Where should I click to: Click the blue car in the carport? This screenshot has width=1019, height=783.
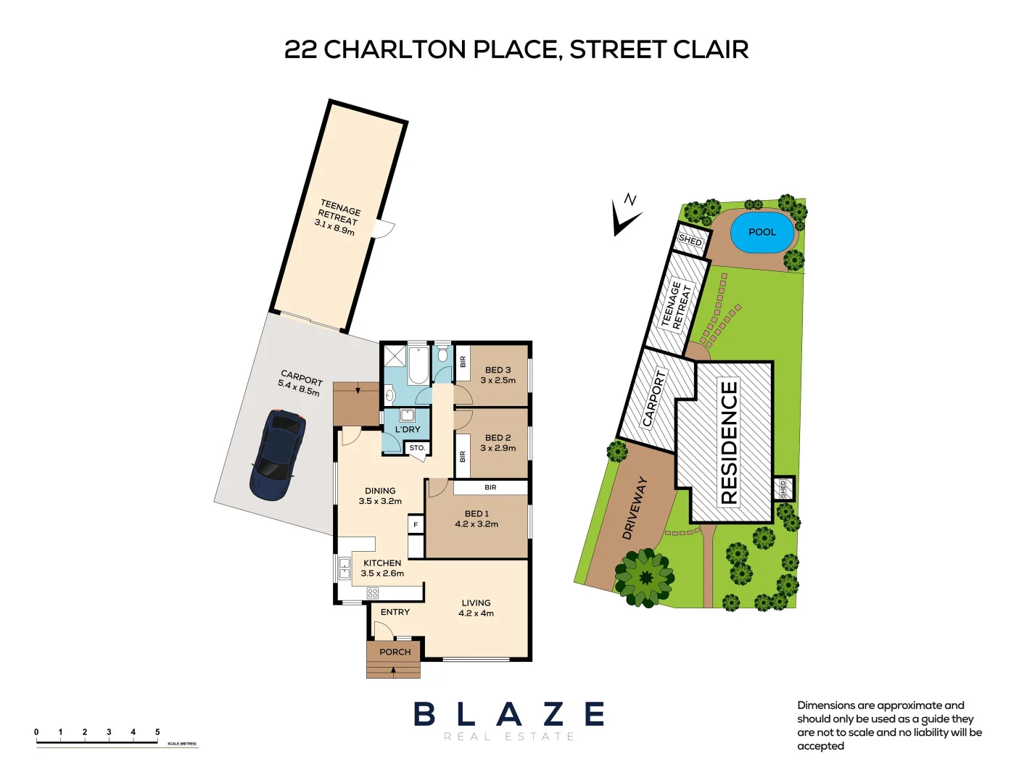pos(277,455)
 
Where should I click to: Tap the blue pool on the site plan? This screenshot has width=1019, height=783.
pos(762,232)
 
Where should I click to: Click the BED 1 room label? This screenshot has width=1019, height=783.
pos(477,518)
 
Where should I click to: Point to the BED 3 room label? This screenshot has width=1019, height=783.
pos(498,375)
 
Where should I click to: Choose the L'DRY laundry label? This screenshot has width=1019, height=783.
pos(408,429)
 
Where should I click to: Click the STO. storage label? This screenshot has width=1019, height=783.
pos(417,448)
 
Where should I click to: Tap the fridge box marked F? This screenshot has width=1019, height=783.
pos(416,524)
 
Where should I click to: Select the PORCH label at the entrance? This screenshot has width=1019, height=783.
pos(395,652)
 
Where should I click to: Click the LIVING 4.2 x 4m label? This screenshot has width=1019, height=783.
pos(476,608)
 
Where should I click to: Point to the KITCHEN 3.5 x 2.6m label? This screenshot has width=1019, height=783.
pos(382,568)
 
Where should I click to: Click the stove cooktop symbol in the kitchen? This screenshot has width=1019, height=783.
pos(373,593)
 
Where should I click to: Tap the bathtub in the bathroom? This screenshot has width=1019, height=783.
pos(418,365)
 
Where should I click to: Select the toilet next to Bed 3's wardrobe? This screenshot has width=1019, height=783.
pos(442,356)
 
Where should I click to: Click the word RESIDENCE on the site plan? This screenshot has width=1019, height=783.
pos(729,442)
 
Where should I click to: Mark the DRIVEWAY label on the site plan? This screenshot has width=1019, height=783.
pos(634,507)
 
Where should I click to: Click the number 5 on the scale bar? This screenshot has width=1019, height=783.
pos(157,732)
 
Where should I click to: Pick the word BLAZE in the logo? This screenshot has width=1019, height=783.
pos(509,715)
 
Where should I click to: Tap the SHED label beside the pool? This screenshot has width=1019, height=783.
pos(690,239)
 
